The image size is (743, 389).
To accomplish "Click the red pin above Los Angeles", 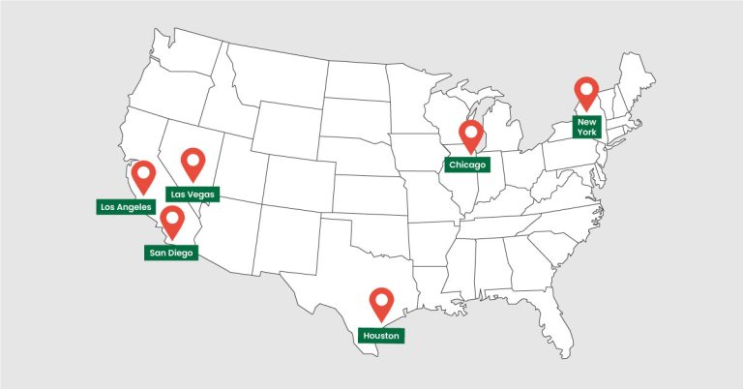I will pos(144,176).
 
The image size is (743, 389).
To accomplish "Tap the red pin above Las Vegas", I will pos(194,163).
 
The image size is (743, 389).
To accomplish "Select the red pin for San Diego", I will pos(172,220).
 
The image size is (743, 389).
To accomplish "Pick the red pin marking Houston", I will pos(381,303).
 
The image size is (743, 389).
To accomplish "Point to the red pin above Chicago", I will pos(471,136).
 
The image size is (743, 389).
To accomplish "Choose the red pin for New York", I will pos(586,92).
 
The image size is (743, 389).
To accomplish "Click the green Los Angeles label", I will pos(125,206).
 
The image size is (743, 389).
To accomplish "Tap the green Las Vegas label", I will pos(193,194).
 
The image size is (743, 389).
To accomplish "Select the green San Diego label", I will pos(170,253).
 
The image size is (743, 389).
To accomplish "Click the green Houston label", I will pos(380,335).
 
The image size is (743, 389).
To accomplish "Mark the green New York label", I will pos(586,126).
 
